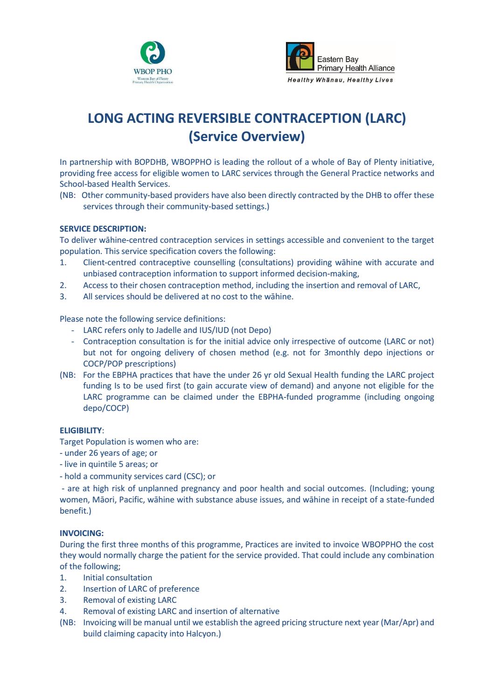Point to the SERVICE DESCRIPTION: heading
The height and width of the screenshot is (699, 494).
103,229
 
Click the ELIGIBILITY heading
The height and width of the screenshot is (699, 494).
81,430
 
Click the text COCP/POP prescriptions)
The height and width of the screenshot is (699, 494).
129,364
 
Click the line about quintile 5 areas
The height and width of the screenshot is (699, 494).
109,464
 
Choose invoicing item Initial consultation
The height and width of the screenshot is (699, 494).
118,578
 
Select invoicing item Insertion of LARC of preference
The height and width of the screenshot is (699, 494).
141,589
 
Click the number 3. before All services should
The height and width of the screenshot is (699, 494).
63,297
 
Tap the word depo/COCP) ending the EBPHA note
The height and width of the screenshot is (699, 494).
106,408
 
